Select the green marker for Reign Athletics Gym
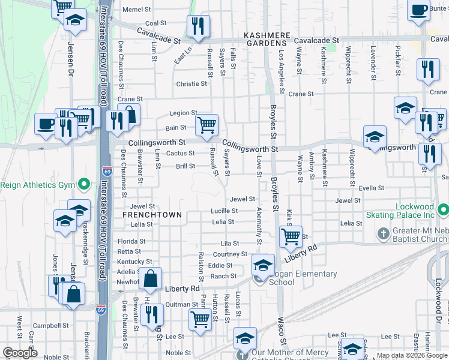[84, 184]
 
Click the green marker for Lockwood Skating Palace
[443, 211]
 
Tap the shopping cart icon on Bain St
[206, 125]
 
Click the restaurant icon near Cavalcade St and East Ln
[196, 26]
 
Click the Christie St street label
[191, 84]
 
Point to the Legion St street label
[183, 113]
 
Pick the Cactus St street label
[181, 154]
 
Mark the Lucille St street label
[224, 211]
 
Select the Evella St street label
[371, 188]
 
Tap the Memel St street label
[137, 10]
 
